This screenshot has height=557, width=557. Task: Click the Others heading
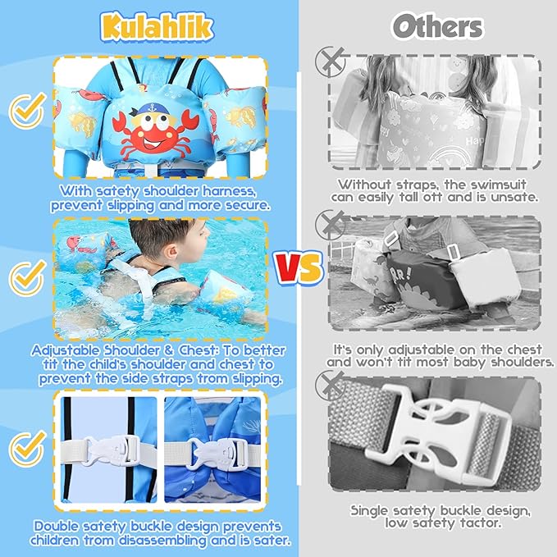click(436, 26)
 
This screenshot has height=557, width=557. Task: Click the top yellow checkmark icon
click(28, 107)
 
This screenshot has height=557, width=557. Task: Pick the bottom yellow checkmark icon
click(28, 448)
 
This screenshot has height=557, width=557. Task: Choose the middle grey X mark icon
click(330, 221)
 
